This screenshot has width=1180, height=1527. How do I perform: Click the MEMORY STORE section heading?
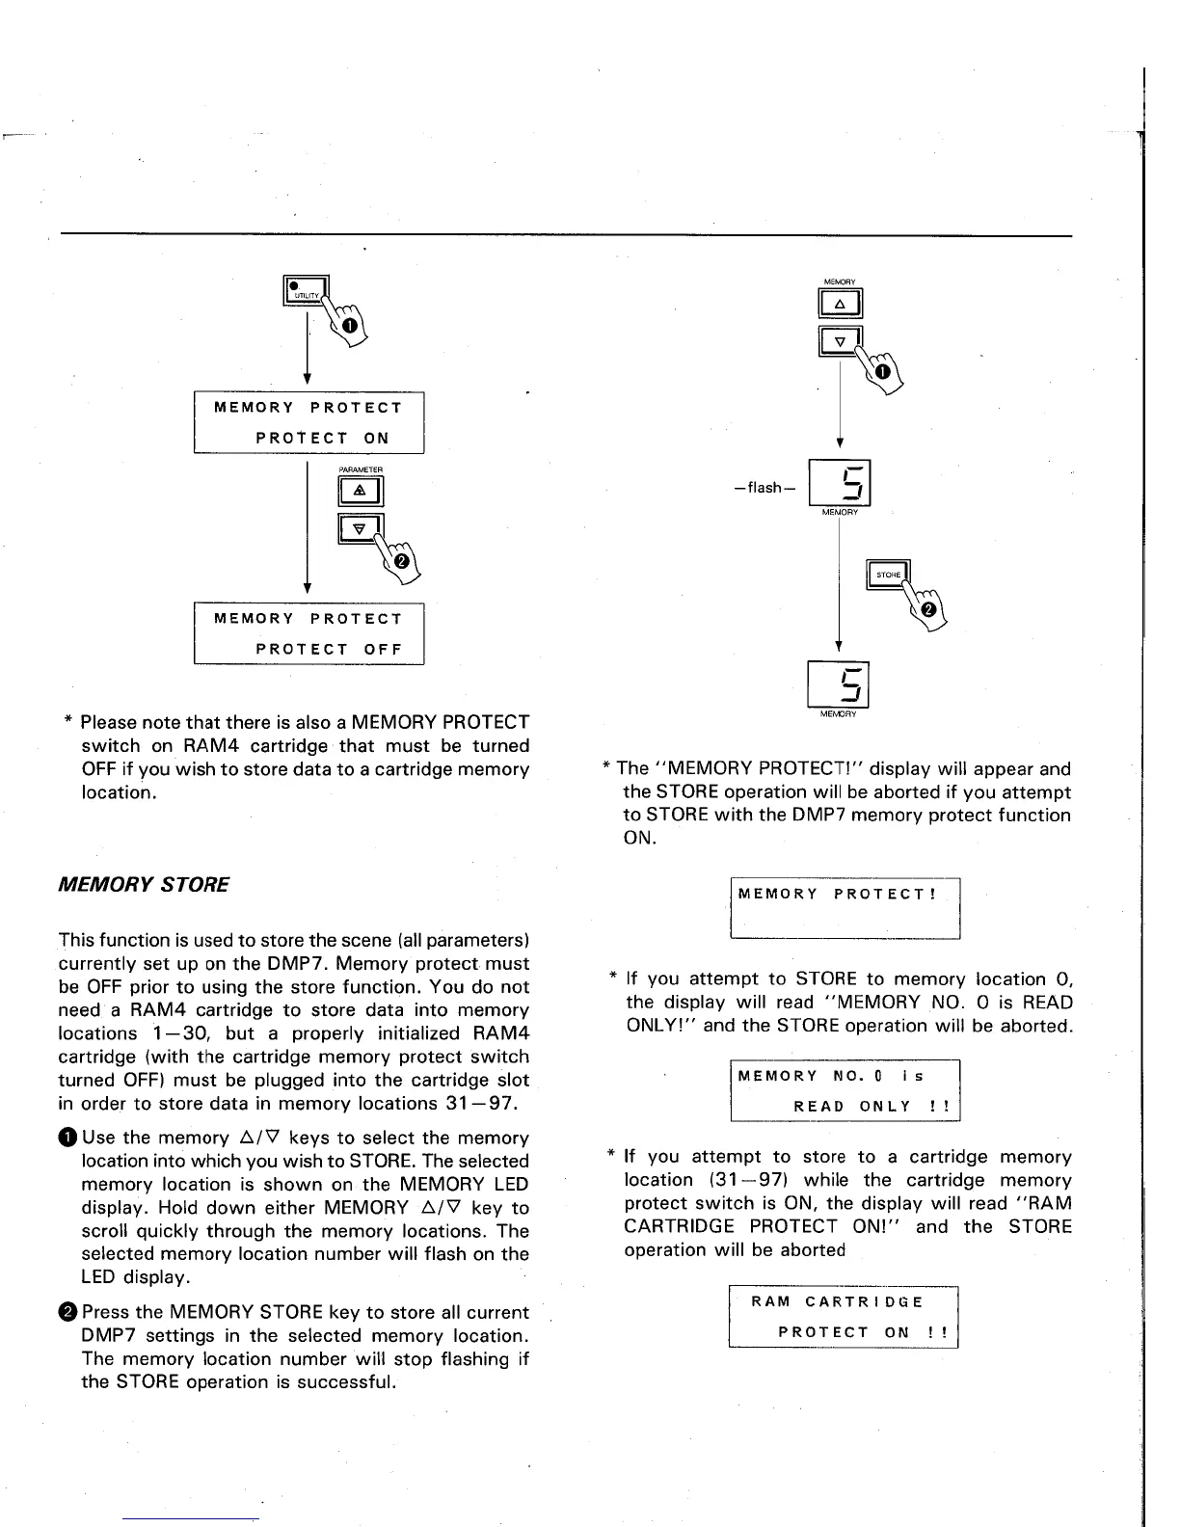145,884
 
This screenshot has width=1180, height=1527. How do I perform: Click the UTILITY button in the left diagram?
305,290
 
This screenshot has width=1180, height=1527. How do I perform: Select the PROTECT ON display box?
308,422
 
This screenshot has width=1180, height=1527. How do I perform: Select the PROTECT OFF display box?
308,633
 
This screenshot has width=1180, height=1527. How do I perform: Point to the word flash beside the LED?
764,488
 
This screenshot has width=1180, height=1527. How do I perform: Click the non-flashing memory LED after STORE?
838,685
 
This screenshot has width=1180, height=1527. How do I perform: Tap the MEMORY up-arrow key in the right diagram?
840,305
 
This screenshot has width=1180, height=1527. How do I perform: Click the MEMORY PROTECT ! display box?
845,907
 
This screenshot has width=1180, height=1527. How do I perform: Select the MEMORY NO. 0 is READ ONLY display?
845,1090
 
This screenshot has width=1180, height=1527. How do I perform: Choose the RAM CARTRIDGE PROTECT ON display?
844,1317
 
